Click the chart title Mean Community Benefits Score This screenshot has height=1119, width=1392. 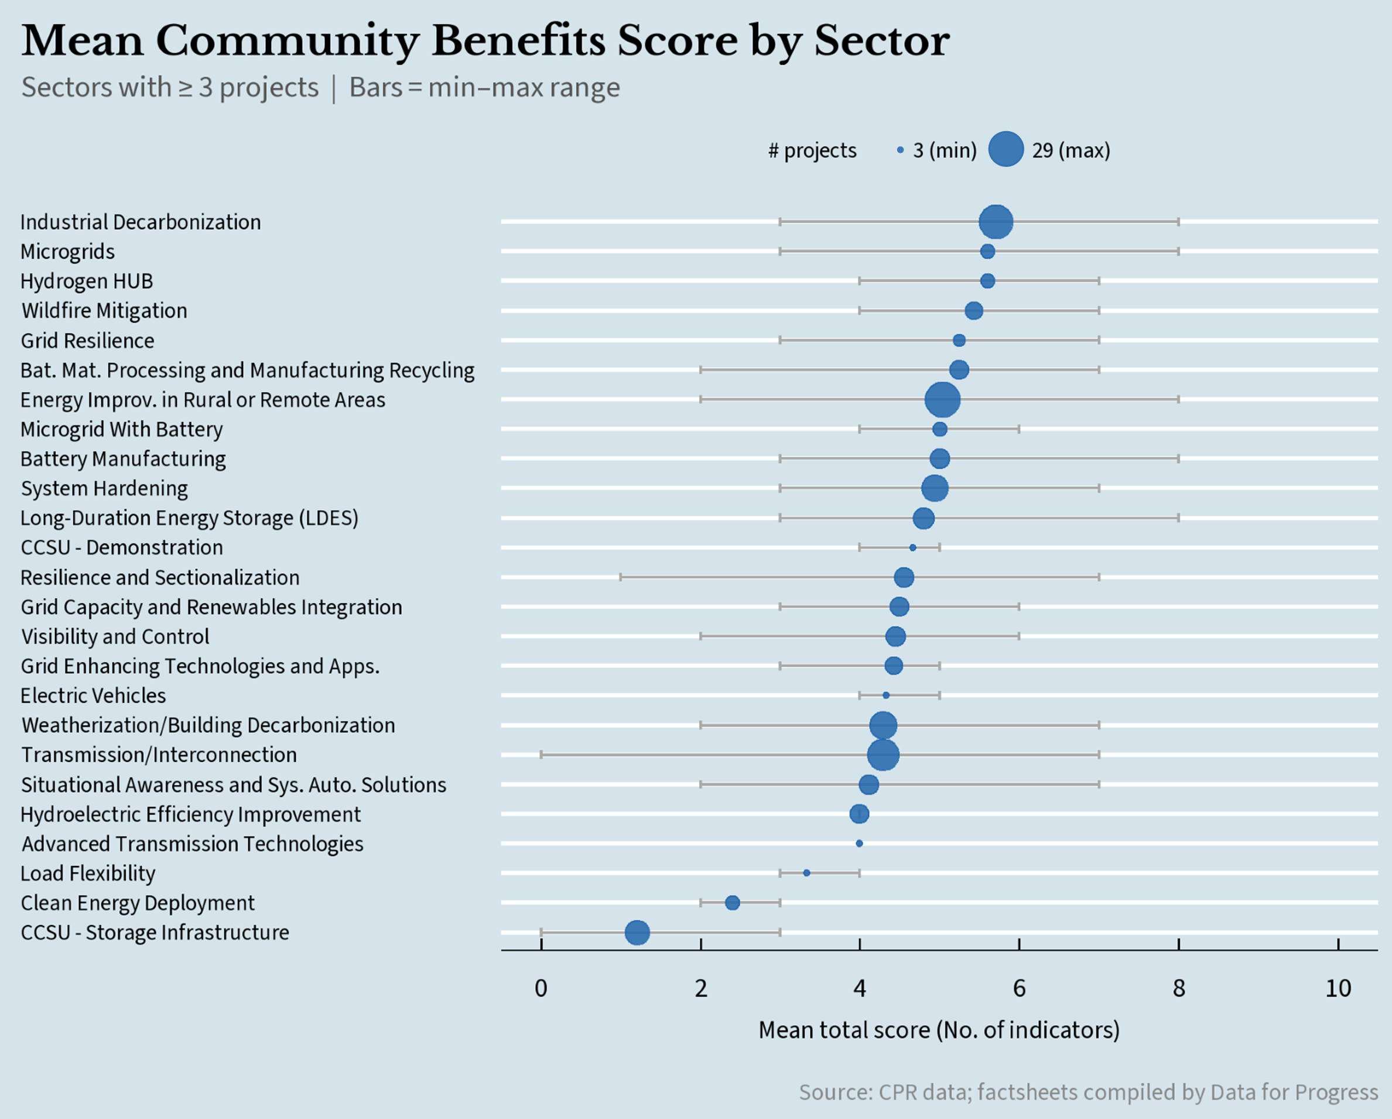[485, 40]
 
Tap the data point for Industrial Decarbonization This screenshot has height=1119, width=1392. [996, 222]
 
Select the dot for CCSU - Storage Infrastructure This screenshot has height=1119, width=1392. [637, 932]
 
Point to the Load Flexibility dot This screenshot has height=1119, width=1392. [806, 873]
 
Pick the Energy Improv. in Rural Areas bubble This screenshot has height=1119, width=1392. [942, 400]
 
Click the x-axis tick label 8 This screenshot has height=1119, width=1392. [1178, 988]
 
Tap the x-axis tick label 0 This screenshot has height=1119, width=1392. [541, 988]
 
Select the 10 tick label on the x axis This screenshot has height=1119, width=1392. [1338, 988]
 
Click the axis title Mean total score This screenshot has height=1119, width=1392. [939, 1030]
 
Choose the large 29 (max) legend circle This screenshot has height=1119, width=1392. [1006, 149]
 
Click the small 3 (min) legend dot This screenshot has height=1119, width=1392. [900, 150]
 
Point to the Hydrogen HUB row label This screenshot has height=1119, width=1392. [87, 282]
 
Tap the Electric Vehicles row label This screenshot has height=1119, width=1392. [93, 696]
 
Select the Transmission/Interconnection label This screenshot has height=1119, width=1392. [159, 755]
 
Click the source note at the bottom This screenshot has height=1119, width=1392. [1088, 1092]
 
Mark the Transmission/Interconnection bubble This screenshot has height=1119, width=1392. [883, 755]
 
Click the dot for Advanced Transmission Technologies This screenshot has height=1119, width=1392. [859, 843]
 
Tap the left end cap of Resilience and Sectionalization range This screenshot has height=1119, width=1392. [621, 577]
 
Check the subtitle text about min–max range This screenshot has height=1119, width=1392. [484, 88]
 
